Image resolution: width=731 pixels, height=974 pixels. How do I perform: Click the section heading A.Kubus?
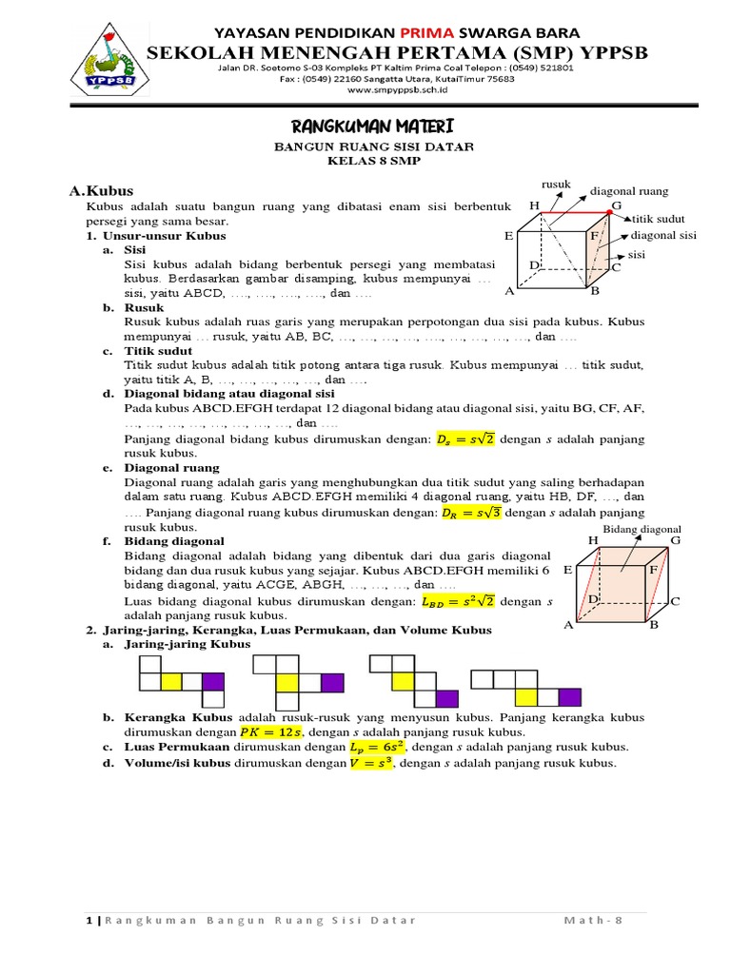tap(101, 191)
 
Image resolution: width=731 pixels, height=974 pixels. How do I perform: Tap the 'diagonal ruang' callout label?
tap(629, 190)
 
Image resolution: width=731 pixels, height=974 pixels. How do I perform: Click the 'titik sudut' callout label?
tap(660, 219)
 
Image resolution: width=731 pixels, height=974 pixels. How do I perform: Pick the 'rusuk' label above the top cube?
tap(555, 183)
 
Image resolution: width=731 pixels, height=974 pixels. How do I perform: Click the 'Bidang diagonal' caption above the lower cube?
tap(642, 528)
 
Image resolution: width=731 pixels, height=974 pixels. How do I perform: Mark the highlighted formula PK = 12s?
tap(269, 731)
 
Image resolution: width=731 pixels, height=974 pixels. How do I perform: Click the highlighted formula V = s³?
tap(370, 763)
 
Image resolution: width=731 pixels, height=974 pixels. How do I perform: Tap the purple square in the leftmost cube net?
tap(213, 681)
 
